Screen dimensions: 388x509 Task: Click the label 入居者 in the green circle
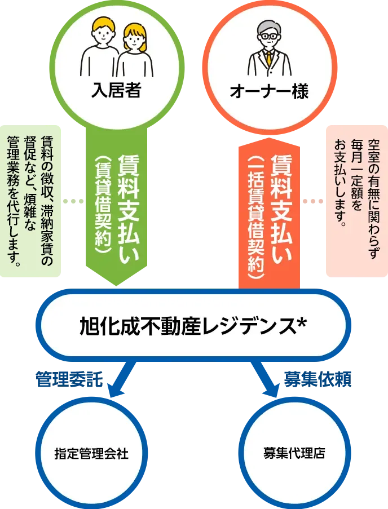click(116, 91)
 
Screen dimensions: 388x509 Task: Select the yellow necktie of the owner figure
click(269, 58)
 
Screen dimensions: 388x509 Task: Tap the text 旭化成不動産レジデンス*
click(193, 326)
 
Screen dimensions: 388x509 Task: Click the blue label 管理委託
click(69, 379)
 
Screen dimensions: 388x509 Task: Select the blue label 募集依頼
click(318, 379)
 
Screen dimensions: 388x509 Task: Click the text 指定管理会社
click(91, 454)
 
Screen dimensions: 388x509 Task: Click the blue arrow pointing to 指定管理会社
click(122, 379)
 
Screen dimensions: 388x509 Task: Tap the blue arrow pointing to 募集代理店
click(265, 379)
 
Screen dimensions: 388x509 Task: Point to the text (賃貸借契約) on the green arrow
click(103, 206)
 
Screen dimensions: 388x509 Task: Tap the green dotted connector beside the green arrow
click(73, 201)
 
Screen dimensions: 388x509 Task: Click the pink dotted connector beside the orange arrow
click(313, 201)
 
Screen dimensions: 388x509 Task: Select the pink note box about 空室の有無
click(357, 201)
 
